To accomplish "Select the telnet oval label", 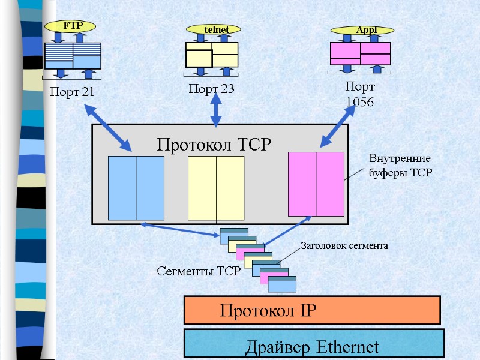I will (x=213, y=29).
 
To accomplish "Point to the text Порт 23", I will (x=211, y=89).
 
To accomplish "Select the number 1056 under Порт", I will (x=360, y=103).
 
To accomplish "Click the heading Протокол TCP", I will (x=214, y=145).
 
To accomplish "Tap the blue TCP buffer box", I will (x=136, y=188).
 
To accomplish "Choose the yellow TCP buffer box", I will (x=216, y=188).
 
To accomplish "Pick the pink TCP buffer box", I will (x=316, y=184).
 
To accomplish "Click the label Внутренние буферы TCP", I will (x=400, y=166).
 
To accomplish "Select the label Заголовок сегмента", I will (x=344, y=245).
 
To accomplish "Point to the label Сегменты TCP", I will (x=199, y=271).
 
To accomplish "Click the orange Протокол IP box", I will (x=312, y=310).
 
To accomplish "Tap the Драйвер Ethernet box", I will (x=313, y=344).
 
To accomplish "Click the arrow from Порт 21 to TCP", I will (x=109, y=127).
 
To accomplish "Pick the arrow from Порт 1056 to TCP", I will (x=334, y=127).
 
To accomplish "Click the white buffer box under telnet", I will (x=212, y=55).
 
